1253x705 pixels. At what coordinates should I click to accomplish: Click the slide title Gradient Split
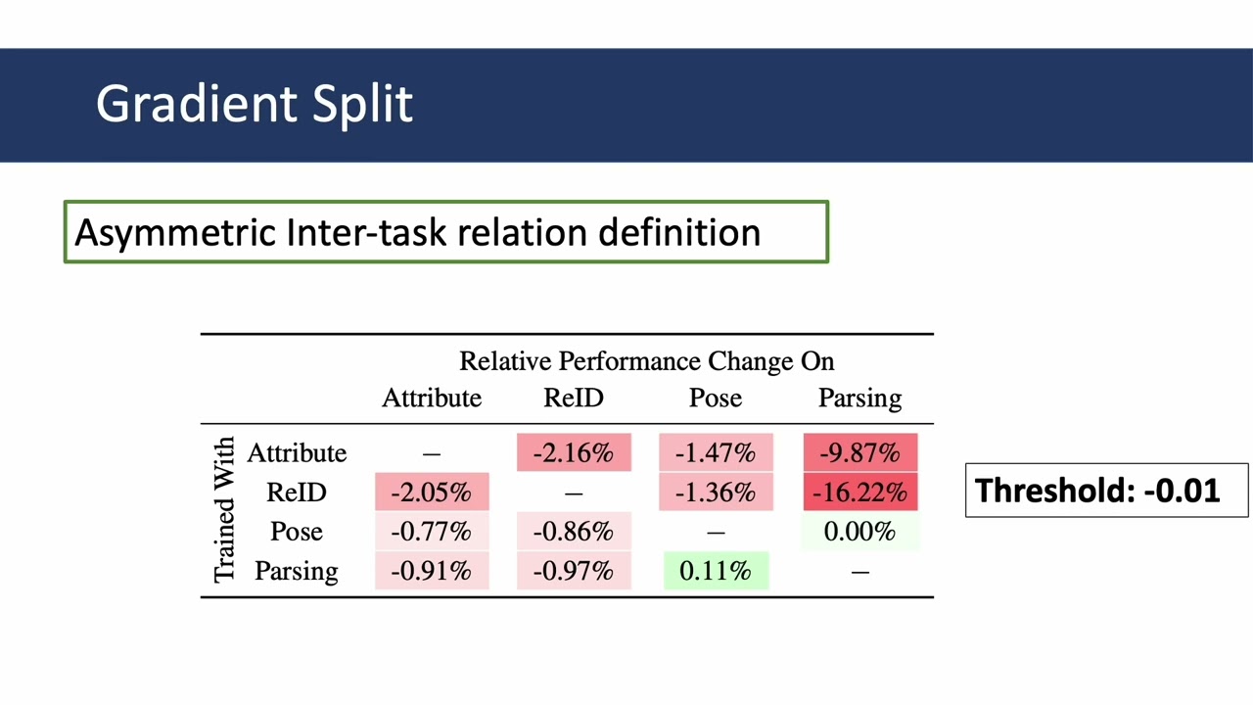[x=255, y=104]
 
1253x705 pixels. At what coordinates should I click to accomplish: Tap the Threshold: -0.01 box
[x=1106, y=490]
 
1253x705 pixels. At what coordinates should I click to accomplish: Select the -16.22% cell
[x=860, y=493]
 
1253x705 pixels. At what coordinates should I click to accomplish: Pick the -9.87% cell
[x=860, y=453]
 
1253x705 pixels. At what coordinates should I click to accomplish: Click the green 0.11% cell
[x=716, y=571]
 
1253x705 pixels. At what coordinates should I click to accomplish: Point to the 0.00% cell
[x=860, y=532]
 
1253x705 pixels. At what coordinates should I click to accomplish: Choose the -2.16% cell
[x=574, y=453]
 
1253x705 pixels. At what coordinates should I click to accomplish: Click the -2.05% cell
[x=432, y=493]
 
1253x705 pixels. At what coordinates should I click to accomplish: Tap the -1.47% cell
[x=716, y=453]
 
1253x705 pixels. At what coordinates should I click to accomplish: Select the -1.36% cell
[x=716, y=493]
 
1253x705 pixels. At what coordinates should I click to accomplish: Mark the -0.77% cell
[x=432, y=532]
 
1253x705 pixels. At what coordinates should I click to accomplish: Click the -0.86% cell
[x=574, y=532]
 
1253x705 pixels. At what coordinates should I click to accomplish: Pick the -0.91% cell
[x=432, y=571]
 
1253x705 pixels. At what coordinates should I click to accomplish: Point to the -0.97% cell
[x=574, y=571]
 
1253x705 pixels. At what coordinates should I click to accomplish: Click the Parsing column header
[x=859, y=399]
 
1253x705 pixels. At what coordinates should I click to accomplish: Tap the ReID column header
[x=574, y=399]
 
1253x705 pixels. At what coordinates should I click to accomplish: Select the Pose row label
[x=296, y=532]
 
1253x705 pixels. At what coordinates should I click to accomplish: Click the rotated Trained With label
[x=224, y=510]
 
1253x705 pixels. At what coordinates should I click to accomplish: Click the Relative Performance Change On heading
[x=646, y=361]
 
